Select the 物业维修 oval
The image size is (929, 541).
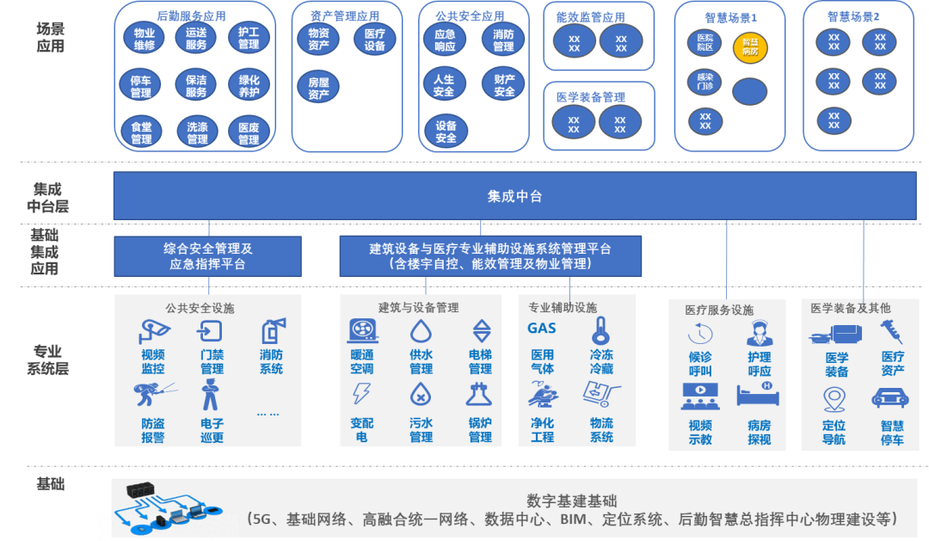145,38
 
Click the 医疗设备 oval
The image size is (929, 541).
374,40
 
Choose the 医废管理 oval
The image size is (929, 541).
249,133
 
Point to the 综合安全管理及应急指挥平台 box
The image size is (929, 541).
207,256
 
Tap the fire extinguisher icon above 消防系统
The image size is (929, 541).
271,331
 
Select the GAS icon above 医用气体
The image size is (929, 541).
542,328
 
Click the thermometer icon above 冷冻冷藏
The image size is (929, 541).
600,330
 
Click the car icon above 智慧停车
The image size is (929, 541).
891,398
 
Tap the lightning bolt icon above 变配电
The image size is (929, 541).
361,394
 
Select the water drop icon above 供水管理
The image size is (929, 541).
421,330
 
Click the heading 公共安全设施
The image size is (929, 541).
200,308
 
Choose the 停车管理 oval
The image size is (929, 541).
141,86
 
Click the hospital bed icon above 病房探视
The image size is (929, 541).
759,395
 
